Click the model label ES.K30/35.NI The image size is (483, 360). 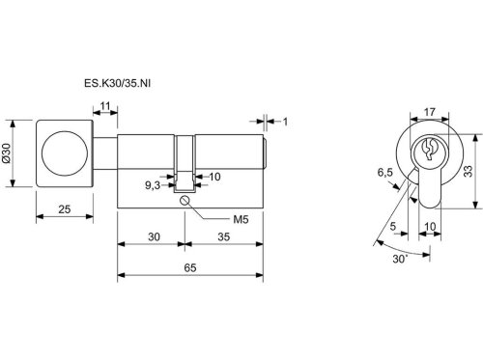pos(117,83)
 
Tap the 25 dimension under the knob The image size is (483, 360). pos(65,209)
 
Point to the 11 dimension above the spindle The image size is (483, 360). pos(105,105)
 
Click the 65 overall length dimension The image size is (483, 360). pos(190,267)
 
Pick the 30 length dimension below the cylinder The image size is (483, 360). pos(154,236)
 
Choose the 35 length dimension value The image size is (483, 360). pos(224,236)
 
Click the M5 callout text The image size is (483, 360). pos(241,220)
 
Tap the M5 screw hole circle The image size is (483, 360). pos(185,200)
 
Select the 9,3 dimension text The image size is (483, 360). pos(153,185)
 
